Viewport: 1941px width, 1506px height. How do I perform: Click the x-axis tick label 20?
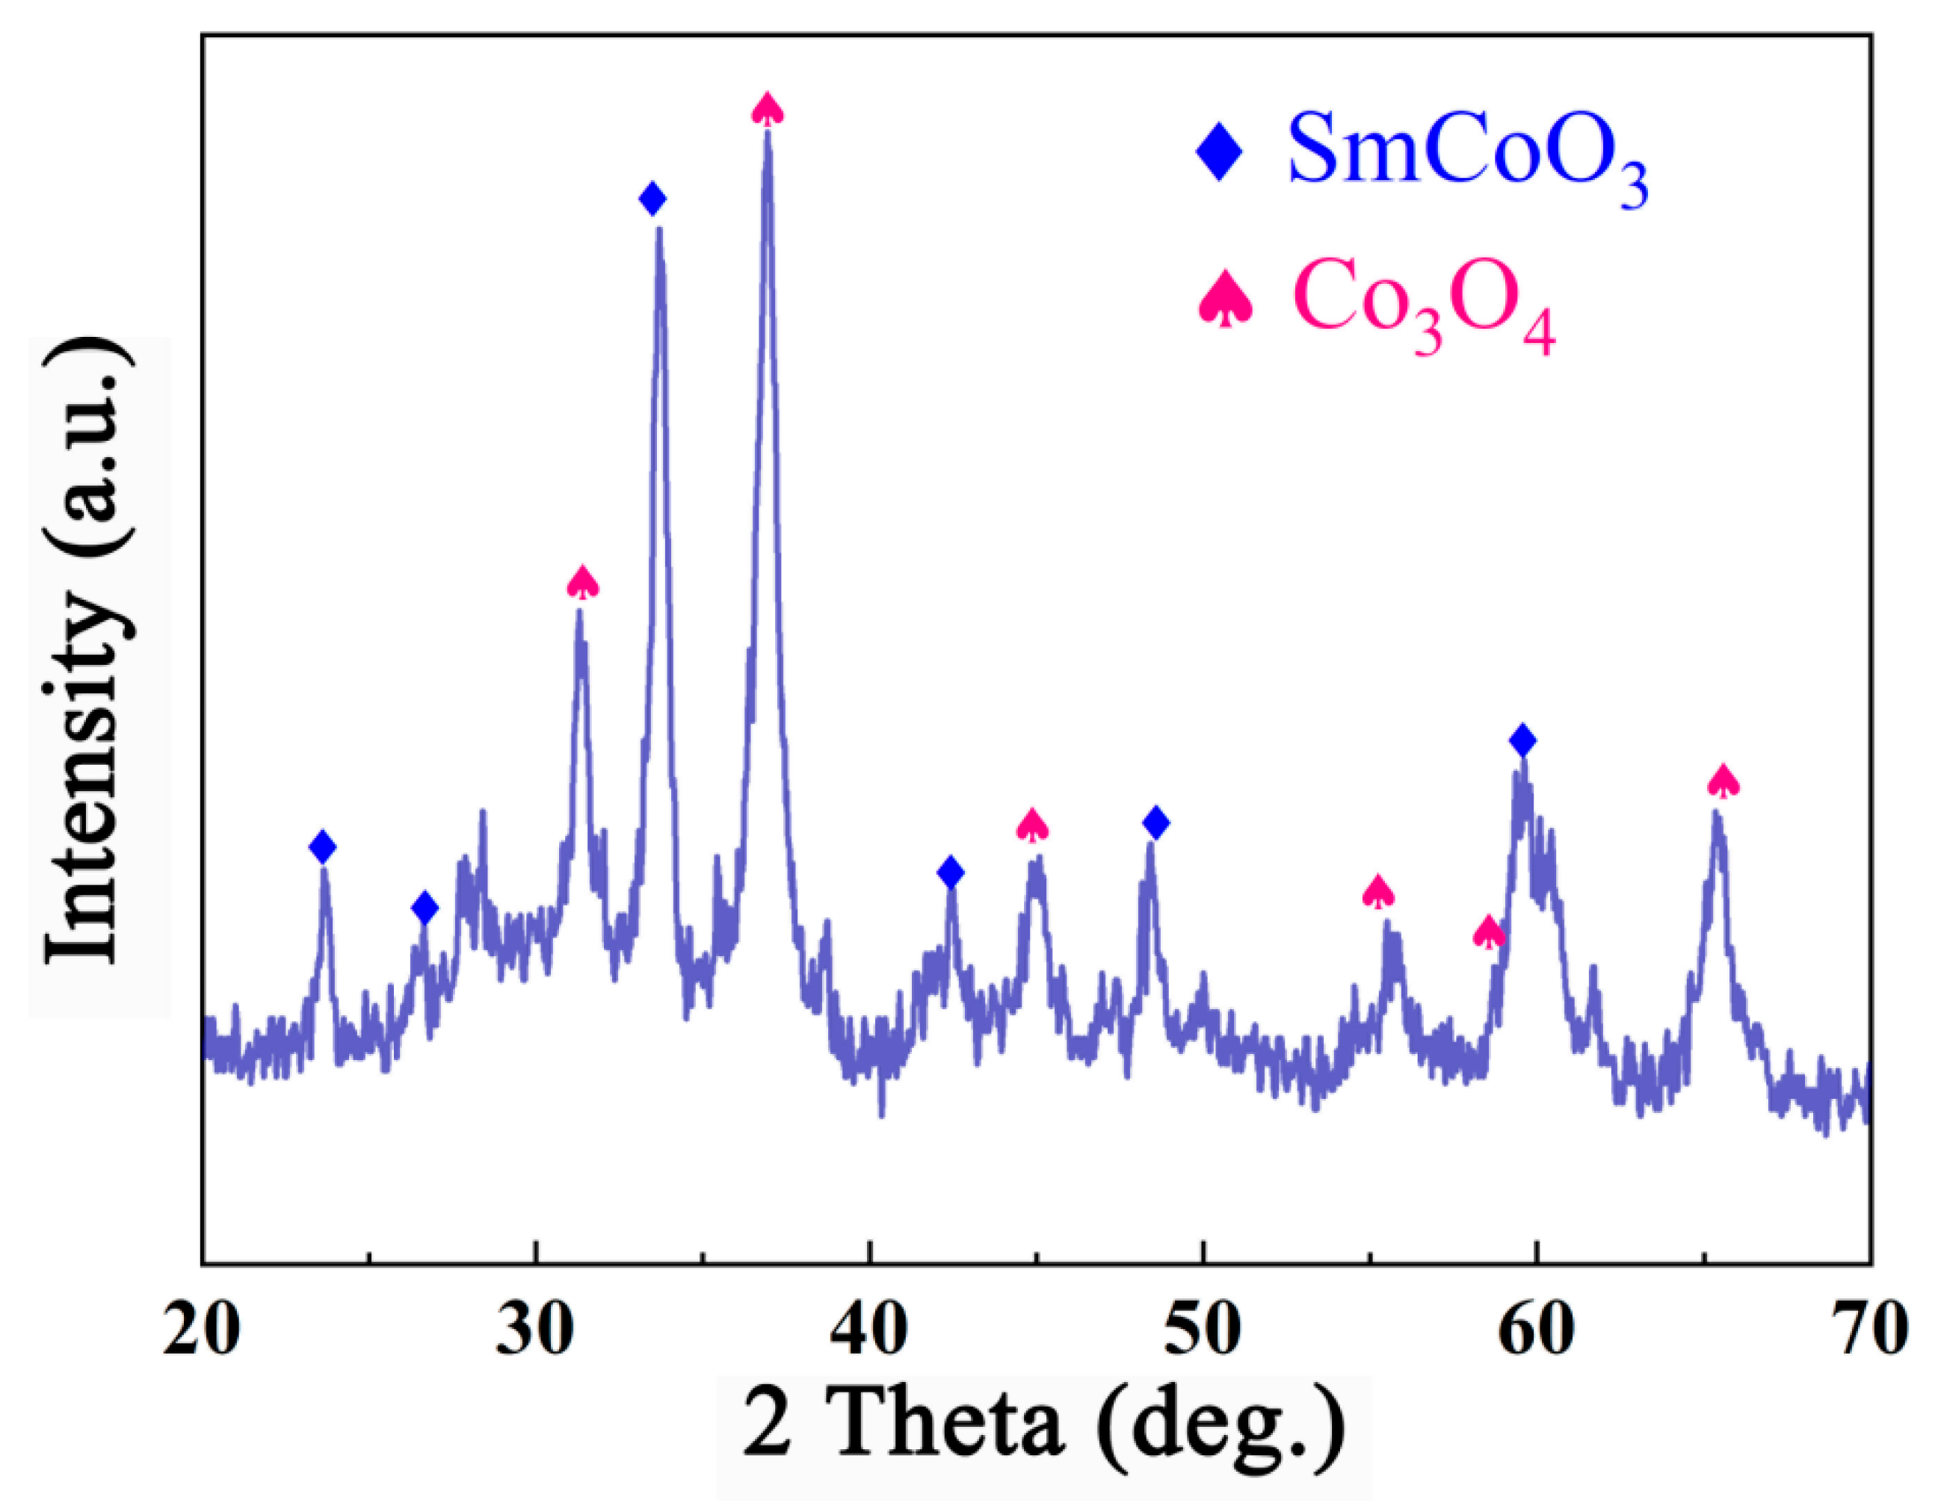coord(202,1332)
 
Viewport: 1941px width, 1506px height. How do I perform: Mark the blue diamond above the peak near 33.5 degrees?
coord(652,198)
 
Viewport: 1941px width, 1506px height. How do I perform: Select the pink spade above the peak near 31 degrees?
coord(583,582)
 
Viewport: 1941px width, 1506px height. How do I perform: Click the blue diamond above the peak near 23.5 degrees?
coord(323,846)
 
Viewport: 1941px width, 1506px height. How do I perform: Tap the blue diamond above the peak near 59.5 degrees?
coord(1523,740)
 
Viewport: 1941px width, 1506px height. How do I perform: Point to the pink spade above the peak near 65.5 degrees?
coord(1724,780)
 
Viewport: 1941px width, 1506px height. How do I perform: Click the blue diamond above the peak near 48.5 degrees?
coord(1155,822)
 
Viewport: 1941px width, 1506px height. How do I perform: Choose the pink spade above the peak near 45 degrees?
coord(1032,825)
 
